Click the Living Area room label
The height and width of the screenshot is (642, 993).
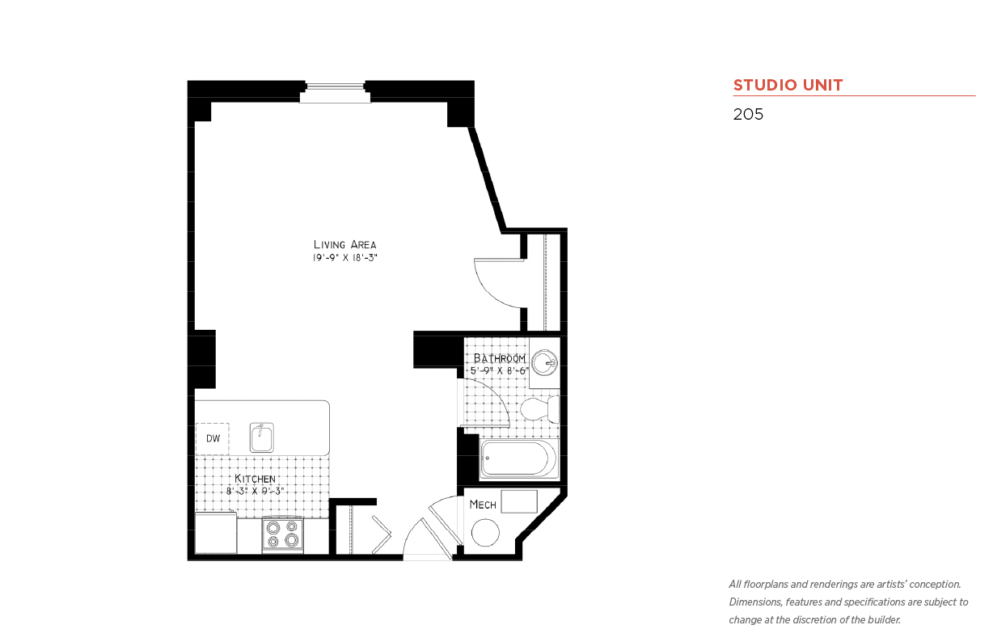click(345, 245)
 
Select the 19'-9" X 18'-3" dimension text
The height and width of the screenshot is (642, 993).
click(345, 258)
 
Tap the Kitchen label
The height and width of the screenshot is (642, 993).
click(255, 479)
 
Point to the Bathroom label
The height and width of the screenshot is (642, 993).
click(500, 358)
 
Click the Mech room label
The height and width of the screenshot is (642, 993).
click(483, 505)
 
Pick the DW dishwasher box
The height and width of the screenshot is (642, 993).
click(213, 438)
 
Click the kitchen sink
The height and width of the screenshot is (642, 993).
click(261, 437)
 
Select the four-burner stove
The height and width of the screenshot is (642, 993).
click(283, 534)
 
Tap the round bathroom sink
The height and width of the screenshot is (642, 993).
click(544, 363)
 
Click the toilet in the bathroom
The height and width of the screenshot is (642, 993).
click(540, 409)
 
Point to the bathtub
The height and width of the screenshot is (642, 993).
click(518, 459)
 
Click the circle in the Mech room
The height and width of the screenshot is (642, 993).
click(485, 533)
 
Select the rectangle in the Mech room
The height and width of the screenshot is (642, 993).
click(519, 501)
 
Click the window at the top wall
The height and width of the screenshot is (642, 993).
click(335, 92)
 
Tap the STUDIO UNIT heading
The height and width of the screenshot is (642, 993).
click(788, 85)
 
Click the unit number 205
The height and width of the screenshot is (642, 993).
click(748, 114)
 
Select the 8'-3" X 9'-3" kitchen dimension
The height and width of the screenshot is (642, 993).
click(255, 492)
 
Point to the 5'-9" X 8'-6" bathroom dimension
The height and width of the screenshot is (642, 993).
click(500, 370)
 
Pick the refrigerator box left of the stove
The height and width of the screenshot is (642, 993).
click(216, 533)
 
